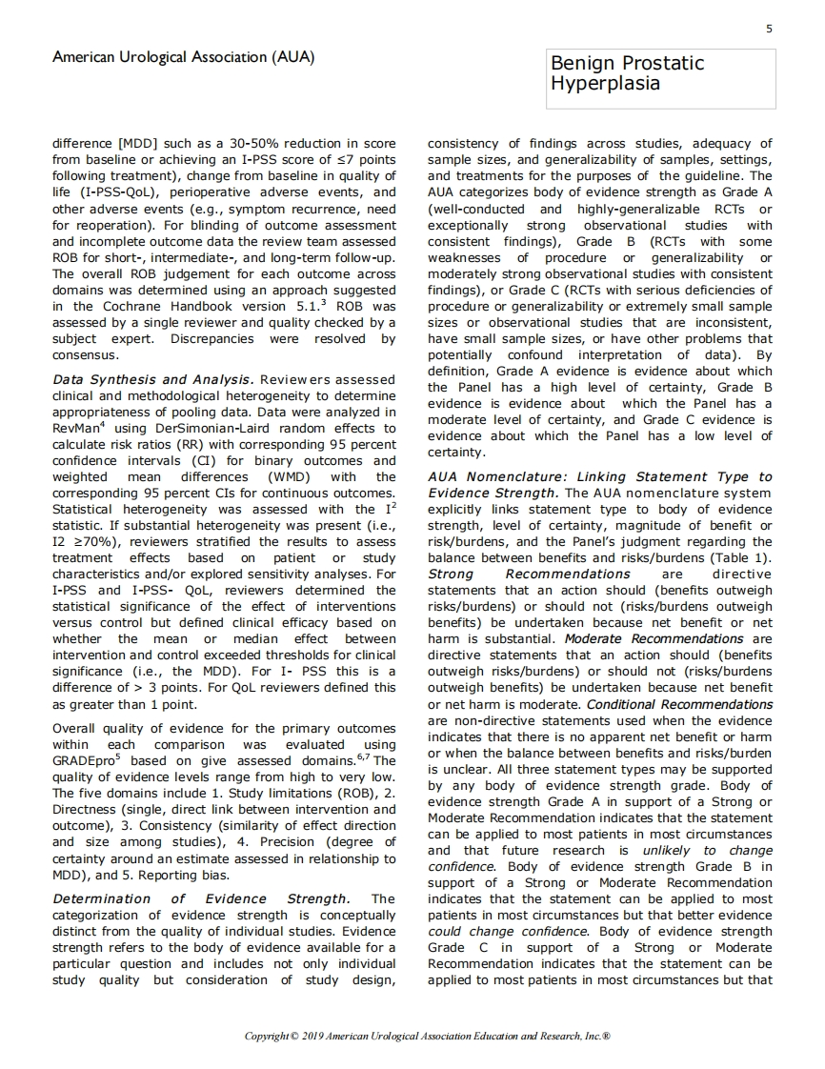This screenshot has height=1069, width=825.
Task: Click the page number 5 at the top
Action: tap(769, 30)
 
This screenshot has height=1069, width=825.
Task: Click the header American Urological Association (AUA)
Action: tap(184, 58)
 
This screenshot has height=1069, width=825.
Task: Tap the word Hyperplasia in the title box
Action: tap(605, 83)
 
